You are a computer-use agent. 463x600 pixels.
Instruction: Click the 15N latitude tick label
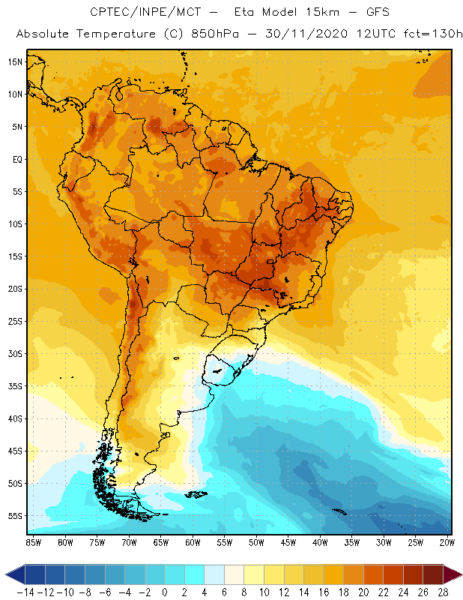pyautogui.click(x=14, y=61)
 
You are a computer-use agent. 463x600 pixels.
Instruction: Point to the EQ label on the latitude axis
pyautogui.click(x=16, y=159)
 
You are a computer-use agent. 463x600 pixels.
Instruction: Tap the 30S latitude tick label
pyautogui.click(x=14, y=353)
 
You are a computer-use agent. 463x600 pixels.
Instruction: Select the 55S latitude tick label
pyautogui.click(x=14, y=516)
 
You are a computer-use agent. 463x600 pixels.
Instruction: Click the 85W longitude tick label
pyautogui.click(x=33, y=542)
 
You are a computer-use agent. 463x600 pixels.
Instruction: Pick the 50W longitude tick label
pyautogui.click(x=257, y=542)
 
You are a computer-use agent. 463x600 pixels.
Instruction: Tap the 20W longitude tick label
pyautogui.click(x=448, y=542)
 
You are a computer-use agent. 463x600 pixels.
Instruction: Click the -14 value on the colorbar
pyautogui.click(x=24, y=592)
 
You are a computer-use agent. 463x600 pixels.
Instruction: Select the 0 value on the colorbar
pyautogui.click(x=164, y=592)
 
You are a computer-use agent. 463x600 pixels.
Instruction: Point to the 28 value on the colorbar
pyautogui.click(x=444, y=592)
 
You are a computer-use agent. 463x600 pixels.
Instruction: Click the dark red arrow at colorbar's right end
pyautogui.click(x=452, y=574)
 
